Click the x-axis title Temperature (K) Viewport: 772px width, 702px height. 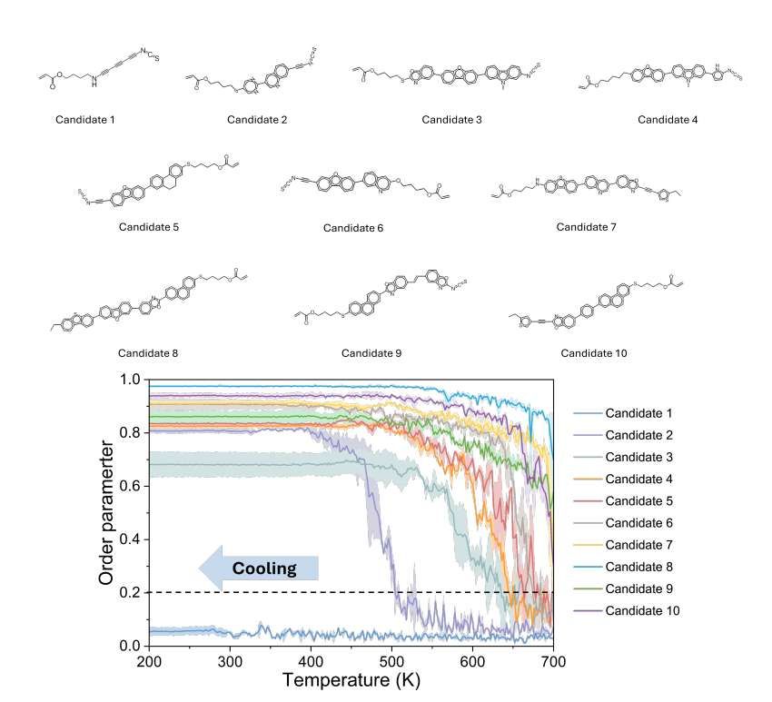[x=350, y=680]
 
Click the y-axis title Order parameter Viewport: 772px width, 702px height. [x=106, y=513]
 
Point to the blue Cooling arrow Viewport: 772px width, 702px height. [x=259, y=569]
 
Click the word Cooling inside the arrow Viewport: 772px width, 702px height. [x=264, y=569]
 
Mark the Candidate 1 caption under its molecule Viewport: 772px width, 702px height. [x=83, y=119]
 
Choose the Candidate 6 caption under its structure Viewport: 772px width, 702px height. [x=353, y=228]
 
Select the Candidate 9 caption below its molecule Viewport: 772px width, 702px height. [x=372, y=352]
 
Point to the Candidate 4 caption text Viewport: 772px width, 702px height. [x=668, y=119]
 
